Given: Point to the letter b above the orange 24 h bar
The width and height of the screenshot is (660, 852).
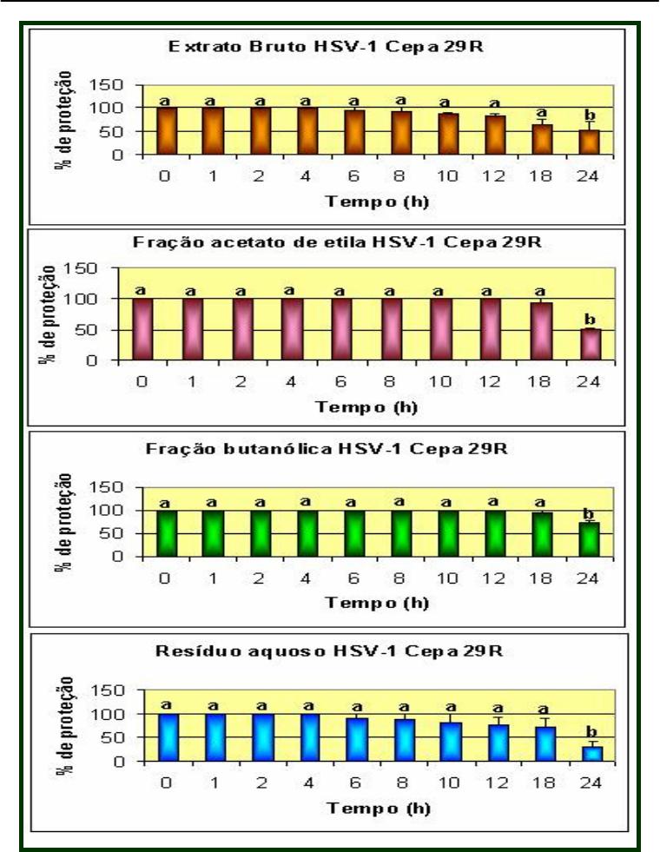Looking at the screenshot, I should (590, 115).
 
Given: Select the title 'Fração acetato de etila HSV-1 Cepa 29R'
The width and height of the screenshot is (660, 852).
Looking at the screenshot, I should (337, 244).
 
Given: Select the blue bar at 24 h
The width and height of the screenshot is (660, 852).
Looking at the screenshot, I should (591, 754).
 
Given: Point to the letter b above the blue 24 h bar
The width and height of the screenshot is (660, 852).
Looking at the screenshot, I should (591, 731).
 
